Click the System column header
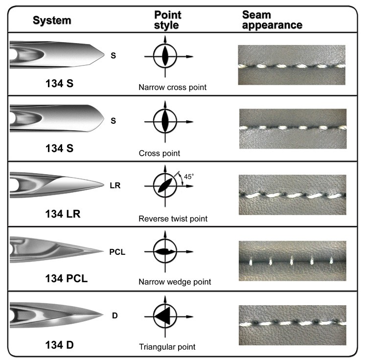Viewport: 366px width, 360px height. pos(52,21)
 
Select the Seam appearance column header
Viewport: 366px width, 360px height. pos(272,20)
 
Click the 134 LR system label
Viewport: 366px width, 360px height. pos(63,214)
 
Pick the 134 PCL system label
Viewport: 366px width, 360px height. pos(66,279)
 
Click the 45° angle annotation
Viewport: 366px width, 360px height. pos(189,176)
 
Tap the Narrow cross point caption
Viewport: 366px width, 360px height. pos(172,88)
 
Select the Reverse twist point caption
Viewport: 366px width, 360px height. pos(173,219)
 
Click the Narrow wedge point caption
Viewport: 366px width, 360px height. pos(175,282)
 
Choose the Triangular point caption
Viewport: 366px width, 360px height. pos(167,347)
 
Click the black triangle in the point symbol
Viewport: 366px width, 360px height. pos(163,316)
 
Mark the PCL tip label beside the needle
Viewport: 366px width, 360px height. pos(117,252)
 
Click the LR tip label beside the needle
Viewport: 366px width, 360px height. pos(115,186)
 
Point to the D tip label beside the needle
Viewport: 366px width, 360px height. pos(114,316)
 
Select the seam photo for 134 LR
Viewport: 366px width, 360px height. pos(292,194)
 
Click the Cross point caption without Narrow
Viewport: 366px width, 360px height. pos(159,153)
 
